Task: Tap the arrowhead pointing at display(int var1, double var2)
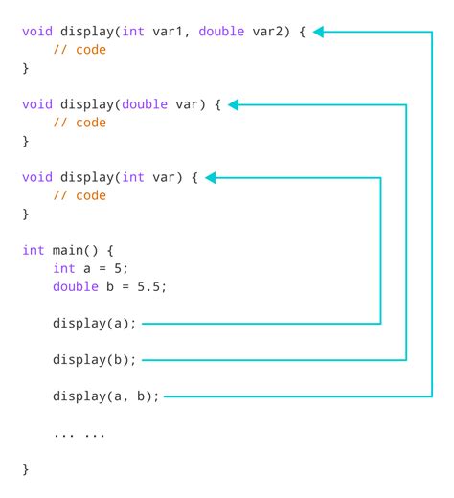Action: click(320, 32)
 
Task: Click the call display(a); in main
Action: click(95, 324)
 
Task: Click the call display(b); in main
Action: click(95, 360)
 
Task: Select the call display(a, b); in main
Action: click(106, 396)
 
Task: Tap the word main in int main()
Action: click(67, 250)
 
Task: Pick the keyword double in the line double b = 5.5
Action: click(75, 286)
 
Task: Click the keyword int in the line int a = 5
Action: click(63, 268)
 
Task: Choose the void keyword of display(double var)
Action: click(37, 104)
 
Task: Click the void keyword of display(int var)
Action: click(37, 177)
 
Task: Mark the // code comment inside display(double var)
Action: click(79, 123)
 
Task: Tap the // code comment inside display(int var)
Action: click(79, 195)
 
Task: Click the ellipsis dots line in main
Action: click(79, 433)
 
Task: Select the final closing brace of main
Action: click(26, 469)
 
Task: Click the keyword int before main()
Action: click(33, 250)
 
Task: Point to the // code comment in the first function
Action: click(79, 50)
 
